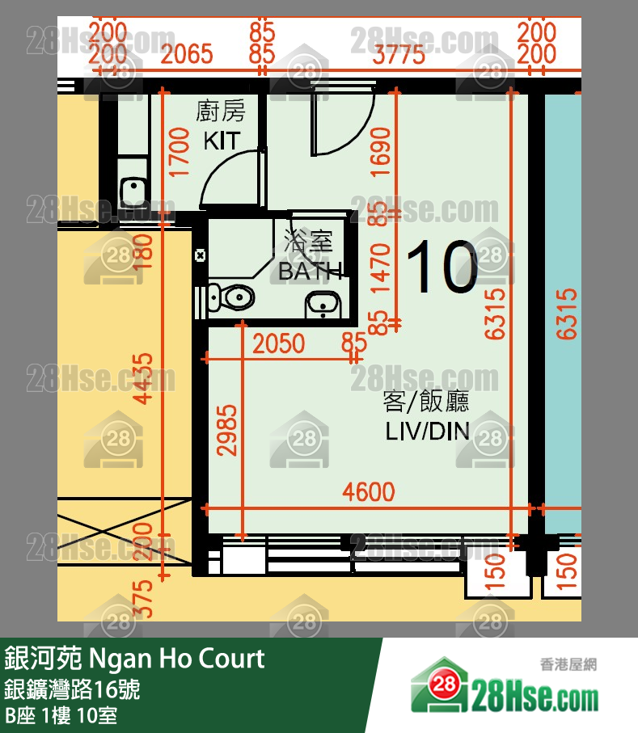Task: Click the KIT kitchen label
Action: [221, 140]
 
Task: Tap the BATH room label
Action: [310, 272]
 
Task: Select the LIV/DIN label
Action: [427, 431]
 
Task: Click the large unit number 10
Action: [442, 268]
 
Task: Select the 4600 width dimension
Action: [369, 491]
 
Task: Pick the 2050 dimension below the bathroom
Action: [279, 343]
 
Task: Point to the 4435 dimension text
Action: [144, 378]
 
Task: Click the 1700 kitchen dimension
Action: [180, 151]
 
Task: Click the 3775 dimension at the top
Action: [399, 54]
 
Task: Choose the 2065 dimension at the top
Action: [187, 54]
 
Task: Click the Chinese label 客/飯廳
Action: [426, 401]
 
